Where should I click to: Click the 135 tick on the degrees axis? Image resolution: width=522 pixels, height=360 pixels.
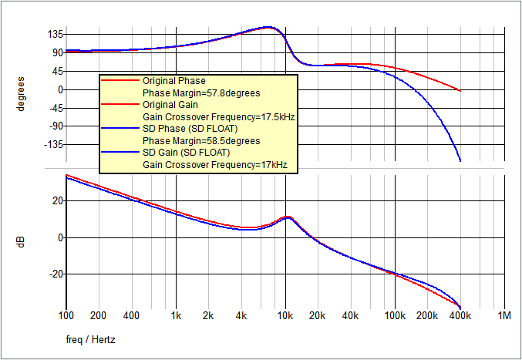[x=54, y=35]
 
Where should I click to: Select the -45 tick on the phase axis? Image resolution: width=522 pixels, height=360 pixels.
[x=55, y=108]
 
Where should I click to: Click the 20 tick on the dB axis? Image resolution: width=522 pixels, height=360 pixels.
[x=56, y=201]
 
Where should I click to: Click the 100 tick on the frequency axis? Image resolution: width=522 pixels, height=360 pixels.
[x=66, y=316]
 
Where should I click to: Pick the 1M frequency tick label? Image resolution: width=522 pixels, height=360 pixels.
[x=505, y=316]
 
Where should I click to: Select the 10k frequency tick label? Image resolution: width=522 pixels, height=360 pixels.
[x=285, y=316]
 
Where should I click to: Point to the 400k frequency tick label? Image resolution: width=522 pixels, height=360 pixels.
[x=460, y=316]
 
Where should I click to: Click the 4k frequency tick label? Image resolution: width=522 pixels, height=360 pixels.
[x=241, y=316]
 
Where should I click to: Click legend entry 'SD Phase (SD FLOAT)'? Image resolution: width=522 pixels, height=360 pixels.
[x=189, y=128]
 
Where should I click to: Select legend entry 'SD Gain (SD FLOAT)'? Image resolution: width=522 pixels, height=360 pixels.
[x=186, y=153]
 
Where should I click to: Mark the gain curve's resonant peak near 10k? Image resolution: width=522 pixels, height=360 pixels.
[x=288, y=217]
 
